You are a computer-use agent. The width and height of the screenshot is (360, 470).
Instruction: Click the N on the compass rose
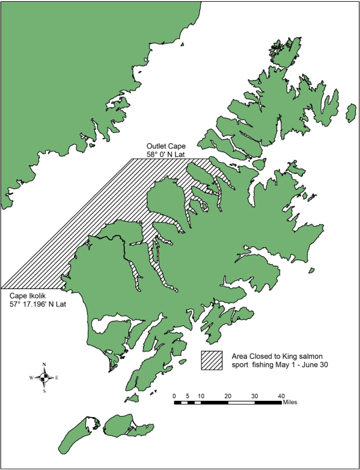pyautogui.click(x=44, y=364)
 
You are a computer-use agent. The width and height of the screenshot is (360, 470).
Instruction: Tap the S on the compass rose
pyautogui.click(x=44, y=391)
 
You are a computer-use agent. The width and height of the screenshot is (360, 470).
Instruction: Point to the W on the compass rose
pyautogui.click(x=31, y=378)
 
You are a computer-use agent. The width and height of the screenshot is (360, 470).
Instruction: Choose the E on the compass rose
pyautogui.click(x=57, y=378)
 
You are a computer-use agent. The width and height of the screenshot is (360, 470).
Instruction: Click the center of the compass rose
pyautogui.click(x=44, y=377)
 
